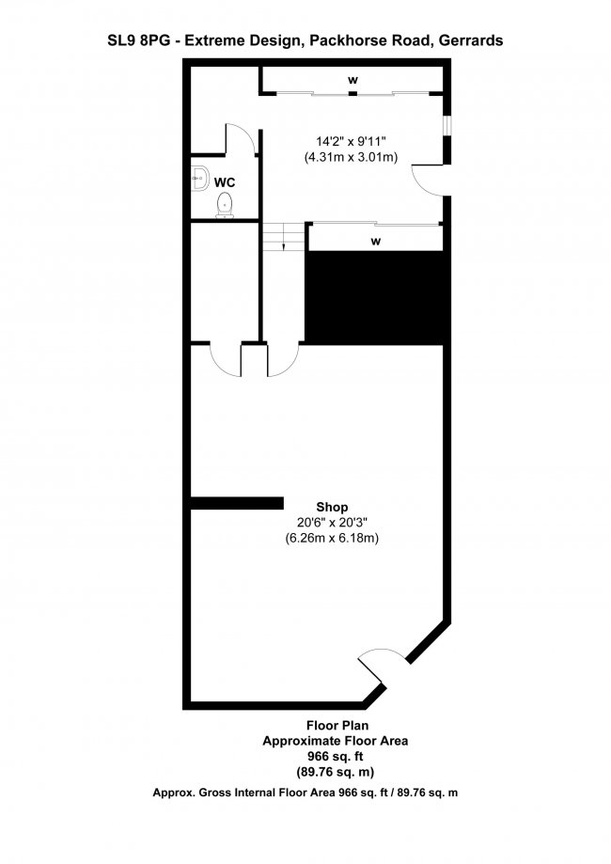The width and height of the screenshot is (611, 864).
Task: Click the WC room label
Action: click(225, 181)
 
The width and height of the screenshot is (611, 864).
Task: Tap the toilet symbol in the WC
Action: click(225, 204)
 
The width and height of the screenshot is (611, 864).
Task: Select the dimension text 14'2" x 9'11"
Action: click(351, 142)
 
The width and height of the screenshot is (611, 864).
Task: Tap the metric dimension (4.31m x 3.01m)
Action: click(351, 158)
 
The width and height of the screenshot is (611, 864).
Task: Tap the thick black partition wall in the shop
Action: click(237, 503)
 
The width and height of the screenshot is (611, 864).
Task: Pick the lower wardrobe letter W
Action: click(375, 242)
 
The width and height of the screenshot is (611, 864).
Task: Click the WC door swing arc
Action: click(243, 139)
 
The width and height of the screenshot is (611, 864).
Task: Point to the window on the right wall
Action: click(446, 125)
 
